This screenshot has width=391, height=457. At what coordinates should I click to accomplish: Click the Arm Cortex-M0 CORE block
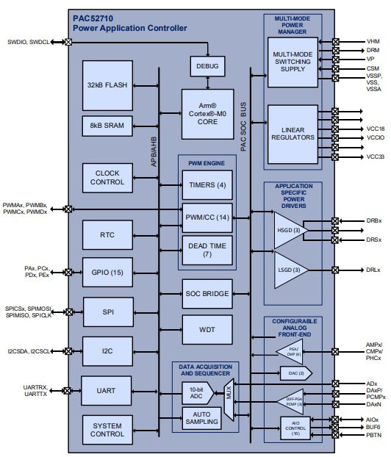click(208, 114)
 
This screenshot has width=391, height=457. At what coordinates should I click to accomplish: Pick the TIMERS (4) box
click(208, 184)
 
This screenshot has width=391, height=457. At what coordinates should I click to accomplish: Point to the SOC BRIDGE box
click(208, 294)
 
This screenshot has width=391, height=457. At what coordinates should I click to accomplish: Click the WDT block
click(208, 329)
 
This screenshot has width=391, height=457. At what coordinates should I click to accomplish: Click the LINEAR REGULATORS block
click(293, 133)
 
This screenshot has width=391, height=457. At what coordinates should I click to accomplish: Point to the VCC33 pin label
click(376, 156)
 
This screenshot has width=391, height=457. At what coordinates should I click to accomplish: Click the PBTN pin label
click(373, 436)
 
